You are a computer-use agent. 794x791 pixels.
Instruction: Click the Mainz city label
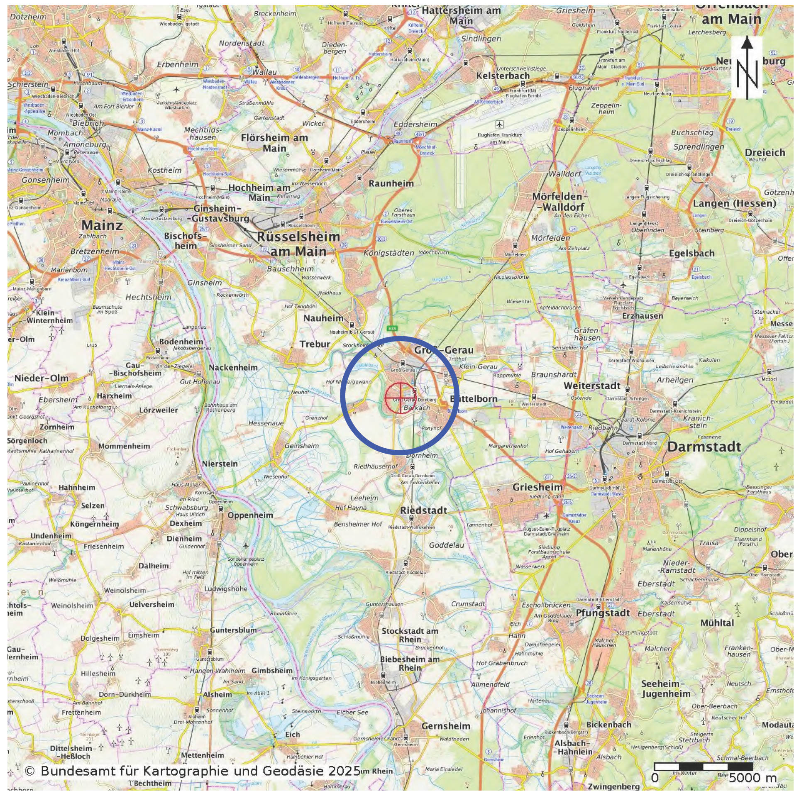(102, 225)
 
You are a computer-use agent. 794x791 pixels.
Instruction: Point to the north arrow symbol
(747, 68)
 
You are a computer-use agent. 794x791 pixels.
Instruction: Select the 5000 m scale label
(752, 778)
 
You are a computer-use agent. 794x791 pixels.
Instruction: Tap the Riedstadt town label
(423, 510)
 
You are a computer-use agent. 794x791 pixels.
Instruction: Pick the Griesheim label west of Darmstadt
(537, 487)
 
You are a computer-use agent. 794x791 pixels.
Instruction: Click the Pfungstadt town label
(603, 613)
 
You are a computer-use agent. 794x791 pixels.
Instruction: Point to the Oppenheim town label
(250, 515)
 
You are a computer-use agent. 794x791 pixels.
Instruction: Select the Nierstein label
(220, 464)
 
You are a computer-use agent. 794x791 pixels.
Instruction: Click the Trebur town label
(315, 344)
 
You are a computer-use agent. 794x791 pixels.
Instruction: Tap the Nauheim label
(324, 318)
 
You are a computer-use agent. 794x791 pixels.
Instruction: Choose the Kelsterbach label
(503, 76)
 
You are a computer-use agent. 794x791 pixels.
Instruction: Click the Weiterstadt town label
(591, 386)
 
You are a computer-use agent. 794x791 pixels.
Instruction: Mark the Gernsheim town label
(446, 726)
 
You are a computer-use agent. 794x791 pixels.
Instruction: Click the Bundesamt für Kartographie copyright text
(192, 771)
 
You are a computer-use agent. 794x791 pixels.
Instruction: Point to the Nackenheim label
(233, 367)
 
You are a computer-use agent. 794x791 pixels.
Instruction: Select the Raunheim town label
(391, 183)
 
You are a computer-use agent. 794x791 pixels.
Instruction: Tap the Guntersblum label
(233, 630)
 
